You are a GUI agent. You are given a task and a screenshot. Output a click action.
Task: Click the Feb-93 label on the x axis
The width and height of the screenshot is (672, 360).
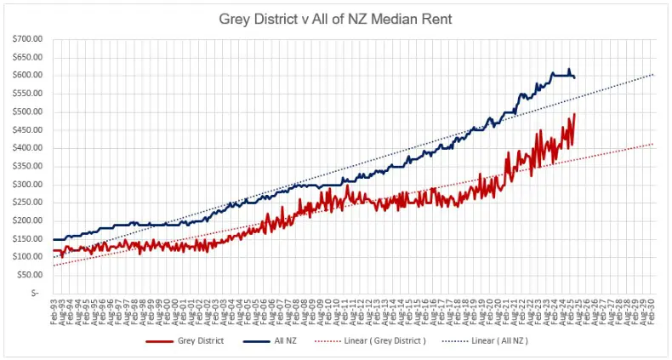54,311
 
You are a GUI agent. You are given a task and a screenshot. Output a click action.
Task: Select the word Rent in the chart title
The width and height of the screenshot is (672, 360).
430,17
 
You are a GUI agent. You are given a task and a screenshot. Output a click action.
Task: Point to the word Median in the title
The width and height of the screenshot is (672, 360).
390,17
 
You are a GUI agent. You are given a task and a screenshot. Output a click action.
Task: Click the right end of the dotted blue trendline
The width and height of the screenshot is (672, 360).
653,74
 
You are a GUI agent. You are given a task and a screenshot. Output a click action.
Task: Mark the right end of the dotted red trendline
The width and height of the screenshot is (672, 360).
653,144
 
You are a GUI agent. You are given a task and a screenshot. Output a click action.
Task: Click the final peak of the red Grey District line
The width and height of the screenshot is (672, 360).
574,114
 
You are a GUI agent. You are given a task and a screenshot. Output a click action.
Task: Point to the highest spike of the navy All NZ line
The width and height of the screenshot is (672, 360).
569,70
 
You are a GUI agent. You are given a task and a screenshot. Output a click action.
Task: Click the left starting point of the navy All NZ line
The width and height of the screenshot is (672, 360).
53,239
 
